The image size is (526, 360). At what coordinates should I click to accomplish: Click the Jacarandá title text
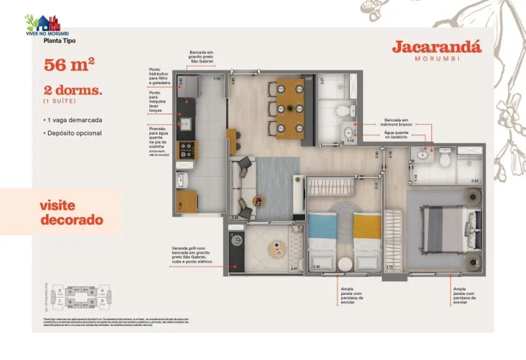[x=437, y=47]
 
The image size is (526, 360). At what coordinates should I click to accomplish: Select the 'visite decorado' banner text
[x=72, y=213]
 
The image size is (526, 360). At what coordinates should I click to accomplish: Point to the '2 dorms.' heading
[x=73, y=91]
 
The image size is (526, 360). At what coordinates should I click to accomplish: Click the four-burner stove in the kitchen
[x=185, y=150]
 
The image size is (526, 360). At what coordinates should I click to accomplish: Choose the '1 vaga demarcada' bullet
[x=73, y=120]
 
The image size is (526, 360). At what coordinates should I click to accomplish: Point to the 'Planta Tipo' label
[x=59, y=40]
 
